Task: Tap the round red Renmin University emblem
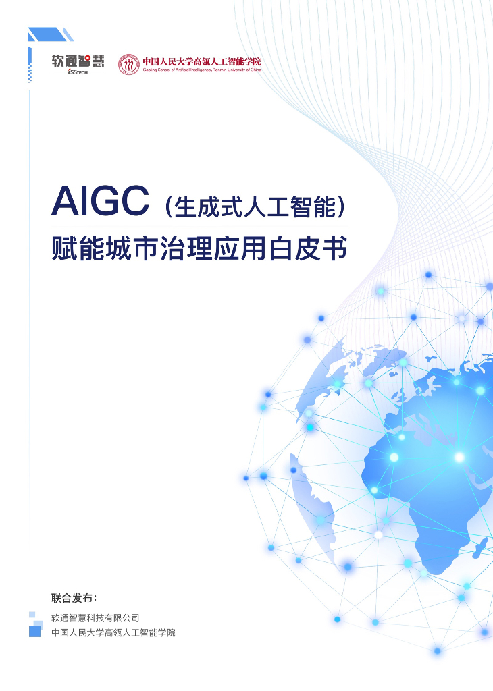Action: click(128, 64)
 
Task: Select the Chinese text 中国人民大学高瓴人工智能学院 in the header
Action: click(201, 61)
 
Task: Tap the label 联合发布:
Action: click(74, 598)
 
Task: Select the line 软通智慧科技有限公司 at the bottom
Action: click(95, 617)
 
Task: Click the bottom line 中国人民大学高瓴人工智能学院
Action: click(113, 633)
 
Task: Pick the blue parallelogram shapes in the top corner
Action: click(49, 34)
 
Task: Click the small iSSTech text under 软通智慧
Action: click(78, 72)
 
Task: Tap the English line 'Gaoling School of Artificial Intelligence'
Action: click(201, 70)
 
